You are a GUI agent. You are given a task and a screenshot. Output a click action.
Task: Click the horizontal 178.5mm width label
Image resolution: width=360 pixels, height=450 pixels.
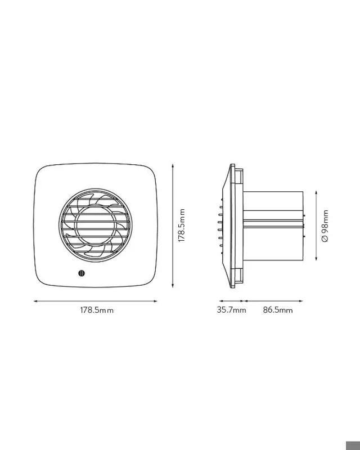[x=97, y=310]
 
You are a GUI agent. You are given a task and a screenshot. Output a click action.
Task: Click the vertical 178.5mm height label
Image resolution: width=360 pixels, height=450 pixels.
[x=182, y=226]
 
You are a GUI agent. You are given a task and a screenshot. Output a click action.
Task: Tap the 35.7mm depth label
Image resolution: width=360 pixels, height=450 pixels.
[x=231, y=310]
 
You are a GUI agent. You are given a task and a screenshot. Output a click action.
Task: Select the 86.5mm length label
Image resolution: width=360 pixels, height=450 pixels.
[x=278, y=310]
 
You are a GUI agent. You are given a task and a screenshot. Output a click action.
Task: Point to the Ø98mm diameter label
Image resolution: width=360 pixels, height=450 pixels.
[x=325, y=226]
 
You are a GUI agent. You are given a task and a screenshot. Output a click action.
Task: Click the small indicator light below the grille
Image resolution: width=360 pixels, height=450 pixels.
[x=82, y=273]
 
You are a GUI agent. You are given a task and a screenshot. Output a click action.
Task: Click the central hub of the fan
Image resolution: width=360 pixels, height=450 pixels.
[x=95, y=226]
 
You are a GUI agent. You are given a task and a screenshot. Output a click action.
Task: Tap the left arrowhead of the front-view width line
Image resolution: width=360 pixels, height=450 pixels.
[x=35, y=301]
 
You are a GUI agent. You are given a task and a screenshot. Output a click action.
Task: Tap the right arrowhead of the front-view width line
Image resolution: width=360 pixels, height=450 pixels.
[x=155, y=301]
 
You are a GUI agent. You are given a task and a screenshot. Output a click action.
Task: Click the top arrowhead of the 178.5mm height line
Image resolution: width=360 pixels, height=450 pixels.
[x=173, y=166]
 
